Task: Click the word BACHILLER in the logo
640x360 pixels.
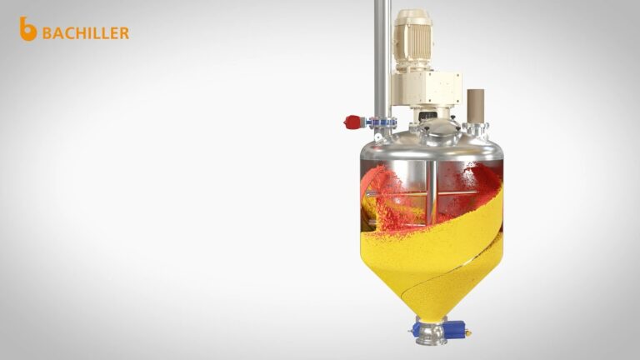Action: coord(86,33)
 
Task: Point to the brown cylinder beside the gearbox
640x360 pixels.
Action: coord(476,106)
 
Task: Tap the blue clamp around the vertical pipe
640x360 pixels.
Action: coord(382,122)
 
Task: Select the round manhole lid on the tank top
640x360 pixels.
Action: coord(437,127)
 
